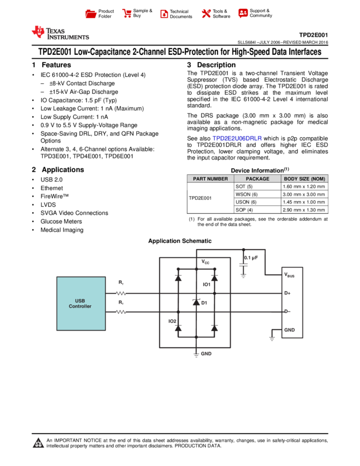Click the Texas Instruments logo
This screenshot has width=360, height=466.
60,33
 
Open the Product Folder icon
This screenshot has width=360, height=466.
90,14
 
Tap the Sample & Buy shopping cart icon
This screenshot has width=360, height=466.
127,13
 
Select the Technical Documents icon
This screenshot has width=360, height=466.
164,14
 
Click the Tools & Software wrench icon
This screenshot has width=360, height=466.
206,13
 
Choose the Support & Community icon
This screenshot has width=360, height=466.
243,13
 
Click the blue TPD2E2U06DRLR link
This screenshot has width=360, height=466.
237,139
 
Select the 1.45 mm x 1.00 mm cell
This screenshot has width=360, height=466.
304,202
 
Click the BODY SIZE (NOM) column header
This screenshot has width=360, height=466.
305,179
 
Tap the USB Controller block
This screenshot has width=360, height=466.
81,303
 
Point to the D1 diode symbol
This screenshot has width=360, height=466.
196,302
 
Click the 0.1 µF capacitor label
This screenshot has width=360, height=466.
251,258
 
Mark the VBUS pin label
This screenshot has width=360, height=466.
289,275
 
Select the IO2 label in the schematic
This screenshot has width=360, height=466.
172,321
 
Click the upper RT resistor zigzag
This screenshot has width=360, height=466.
121,293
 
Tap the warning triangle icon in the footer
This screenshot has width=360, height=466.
38,442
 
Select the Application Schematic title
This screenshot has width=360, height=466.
180,241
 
